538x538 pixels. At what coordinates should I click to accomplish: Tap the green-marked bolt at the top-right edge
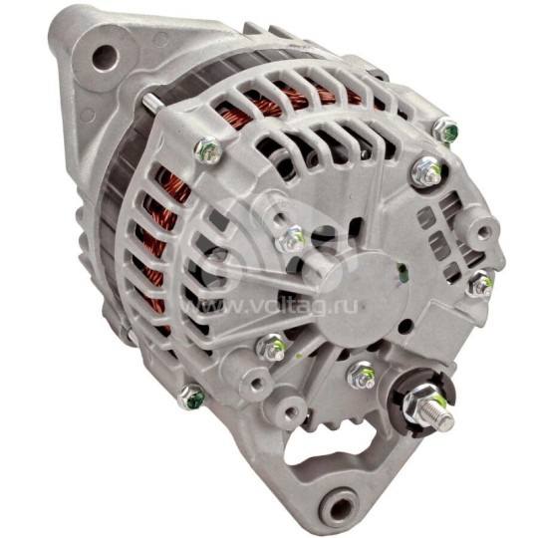pos(446,130)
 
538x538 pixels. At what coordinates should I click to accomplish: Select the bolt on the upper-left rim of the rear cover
pos(206,151)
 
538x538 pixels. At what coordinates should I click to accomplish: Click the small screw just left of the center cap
pos(292,238)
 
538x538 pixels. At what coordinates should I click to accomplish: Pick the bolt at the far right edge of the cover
pos(480,285)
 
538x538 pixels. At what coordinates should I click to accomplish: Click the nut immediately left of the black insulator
pos(362,376)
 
